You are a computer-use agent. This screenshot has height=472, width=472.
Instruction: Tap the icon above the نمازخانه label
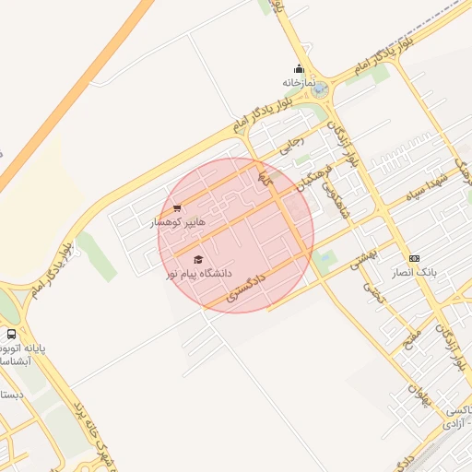point(299,68)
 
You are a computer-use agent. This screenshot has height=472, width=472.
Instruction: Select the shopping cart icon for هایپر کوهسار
point(177,208)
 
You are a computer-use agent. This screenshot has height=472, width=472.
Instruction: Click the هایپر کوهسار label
point(182,222)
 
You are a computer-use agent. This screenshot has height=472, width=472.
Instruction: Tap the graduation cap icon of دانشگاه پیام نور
point(198,259)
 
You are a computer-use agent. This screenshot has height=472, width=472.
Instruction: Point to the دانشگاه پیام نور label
point(199,274)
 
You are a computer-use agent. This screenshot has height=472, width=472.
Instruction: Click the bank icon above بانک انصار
point(414,259)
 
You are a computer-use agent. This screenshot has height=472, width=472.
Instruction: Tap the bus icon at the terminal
point(11,335)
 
